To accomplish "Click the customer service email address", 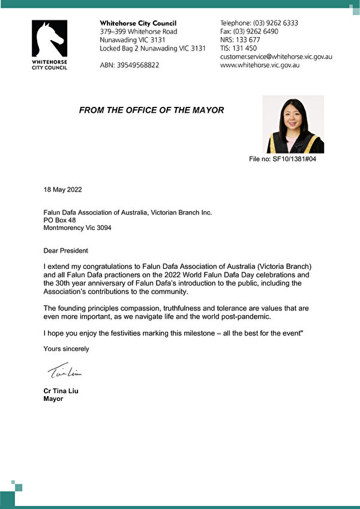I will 276,56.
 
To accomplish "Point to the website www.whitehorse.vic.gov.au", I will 260,65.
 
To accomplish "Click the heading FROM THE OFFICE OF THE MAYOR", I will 151,110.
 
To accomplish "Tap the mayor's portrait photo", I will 295,124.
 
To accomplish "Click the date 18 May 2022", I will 63,190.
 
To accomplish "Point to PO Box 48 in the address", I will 59,220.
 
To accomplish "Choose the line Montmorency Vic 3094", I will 77,228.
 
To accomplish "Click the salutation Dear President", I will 66,250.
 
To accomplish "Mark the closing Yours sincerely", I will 66,348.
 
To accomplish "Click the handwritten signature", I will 64,372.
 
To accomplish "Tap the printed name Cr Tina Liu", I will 61,391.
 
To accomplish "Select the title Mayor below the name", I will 53,399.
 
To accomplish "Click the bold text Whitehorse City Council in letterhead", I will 138,23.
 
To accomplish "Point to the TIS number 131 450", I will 239,48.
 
